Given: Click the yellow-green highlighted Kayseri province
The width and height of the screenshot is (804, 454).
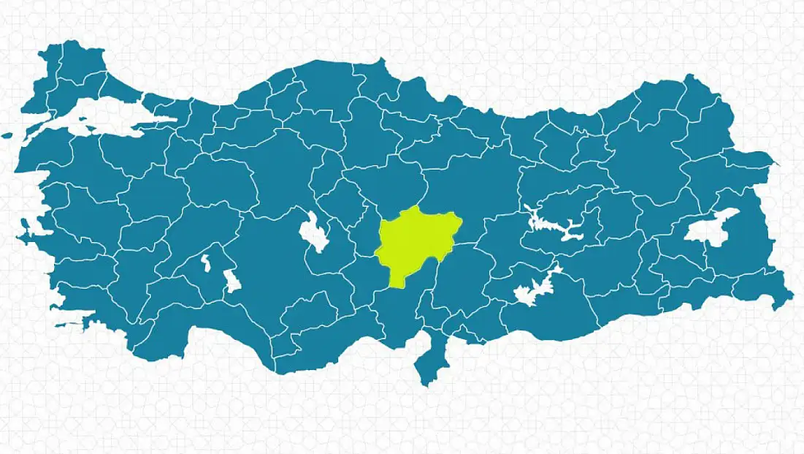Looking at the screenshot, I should tap(415, 241).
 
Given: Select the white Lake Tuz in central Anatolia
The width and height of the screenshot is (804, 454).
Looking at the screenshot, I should tap(314, 234).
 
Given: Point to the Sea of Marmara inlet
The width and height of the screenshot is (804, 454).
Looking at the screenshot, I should tap(110, 118).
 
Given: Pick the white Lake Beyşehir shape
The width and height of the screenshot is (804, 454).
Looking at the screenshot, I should tap(232, 280).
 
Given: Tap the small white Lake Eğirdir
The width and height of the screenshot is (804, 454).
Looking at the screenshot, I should tap(206, 262).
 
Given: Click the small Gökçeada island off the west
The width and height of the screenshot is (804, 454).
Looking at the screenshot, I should tap(7, 135).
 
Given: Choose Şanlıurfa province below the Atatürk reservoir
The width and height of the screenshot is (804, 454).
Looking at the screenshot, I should tap(555, 314).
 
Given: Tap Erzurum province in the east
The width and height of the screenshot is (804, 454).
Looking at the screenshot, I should tap(643, 157).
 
